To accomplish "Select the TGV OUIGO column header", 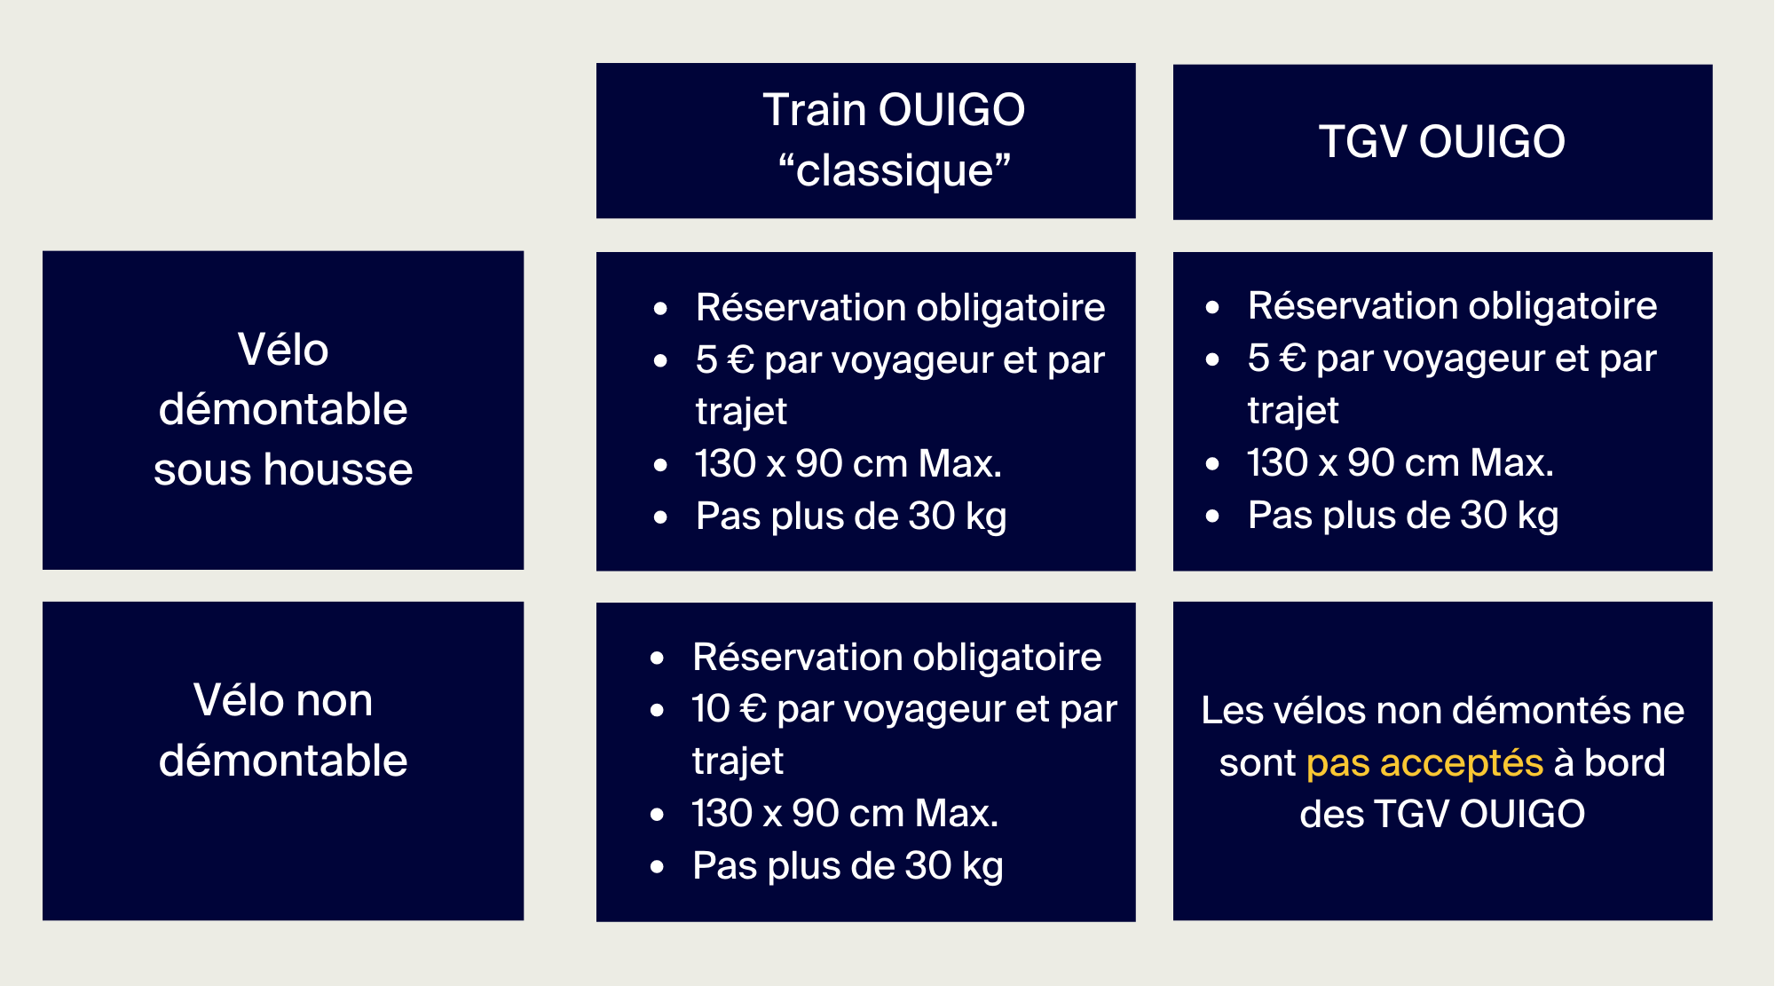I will tap(1442, 142).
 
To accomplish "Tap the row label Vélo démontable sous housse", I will tap(283, 409).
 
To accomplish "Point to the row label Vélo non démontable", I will tap(283, 730).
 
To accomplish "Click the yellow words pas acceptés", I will tap(1424, 762).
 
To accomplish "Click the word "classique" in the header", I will tap(895, 170).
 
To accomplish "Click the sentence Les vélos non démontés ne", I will tap(1442, 710).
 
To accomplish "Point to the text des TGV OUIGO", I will tap(1442, 814).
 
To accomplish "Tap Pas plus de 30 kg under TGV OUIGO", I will tap(1402, 516).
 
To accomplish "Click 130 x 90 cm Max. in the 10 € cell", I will tap(845, 813).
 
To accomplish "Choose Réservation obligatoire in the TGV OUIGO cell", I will tap(1452, 306).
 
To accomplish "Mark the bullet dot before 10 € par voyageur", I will tap(657, 710).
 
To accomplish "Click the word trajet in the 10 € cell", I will tap(738, 761).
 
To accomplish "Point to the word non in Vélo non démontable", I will tap(334, 700).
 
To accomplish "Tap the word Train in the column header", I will tap(814, 110).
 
